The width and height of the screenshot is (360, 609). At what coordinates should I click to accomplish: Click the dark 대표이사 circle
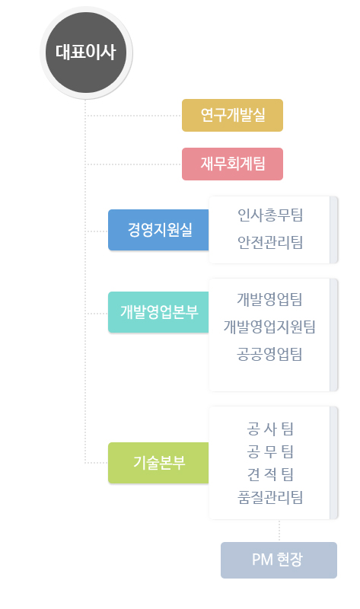pos(86,53)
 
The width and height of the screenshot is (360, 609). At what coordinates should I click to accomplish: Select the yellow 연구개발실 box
pos(232,116)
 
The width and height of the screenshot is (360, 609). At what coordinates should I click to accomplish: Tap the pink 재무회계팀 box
pos(232,164)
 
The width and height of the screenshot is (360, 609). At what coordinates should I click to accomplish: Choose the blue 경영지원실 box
pos(158,230)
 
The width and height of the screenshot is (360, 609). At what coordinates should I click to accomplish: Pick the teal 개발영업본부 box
pos(158,312)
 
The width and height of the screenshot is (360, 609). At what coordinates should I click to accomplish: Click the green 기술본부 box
pos(158,463)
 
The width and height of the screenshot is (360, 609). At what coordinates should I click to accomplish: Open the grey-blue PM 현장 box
pos(279,560)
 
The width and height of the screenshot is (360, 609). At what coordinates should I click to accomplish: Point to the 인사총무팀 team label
pos(270,215)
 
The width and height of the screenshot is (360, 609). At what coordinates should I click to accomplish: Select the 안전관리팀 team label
pos(270,242)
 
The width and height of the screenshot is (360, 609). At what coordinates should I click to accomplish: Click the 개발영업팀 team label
pos(269,299)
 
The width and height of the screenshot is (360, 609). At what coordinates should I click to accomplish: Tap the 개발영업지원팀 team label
pos(269,327)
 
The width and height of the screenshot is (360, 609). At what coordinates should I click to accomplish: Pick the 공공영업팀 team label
pos(269,354)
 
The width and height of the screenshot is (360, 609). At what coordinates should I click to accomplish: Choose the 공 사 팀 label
pos(270,429)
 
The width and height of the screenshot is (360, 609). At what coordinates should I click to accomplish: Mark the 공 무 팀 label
pos(270,451)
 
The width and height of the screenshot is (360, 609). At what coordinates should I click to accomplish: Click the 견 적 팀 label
pos(270,474)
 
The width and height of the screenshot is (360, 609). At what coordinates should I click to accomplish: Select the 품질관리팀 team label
pos(270,497)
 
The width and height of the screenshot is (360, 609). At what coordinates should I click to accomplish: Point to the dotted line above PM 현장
pos(279,531)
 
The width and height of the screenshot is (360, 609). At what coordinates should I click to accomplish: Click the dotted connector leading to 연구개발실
pos(133,116)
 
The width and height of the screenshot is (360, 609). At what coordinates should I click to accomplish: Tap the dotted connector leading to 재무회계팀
pos(133,164)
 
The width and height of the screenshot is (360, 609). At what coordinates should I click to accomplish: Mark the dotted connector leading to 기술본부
pos(97,463)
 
